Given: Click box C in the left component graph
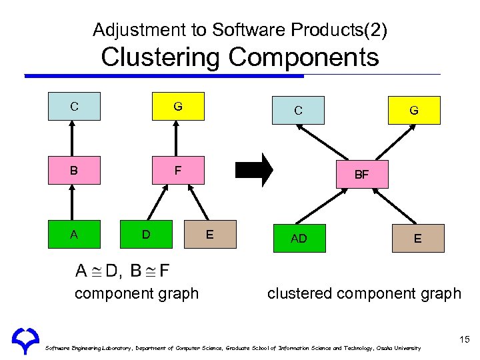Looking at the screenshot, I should pos(74,106).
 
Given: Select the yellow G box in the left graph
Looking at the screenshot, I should pos(178,106).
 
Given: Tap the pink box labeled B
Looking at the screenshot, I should pos(74,170).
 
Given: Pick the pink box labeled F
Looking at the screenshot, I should pos(178,170).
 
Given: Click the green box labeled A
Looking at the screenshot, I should pos(74,234).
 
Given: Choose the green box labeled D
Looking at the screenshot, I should pos(146,234).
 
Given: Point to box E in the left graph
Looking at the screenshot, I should pos(210,234).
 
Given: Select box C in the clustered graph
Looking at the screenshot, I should pos(298,110).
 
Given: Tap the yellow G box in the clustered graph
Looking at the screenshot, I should pos(414,110).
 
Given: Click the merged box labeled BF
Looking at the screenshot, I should pos(361,175).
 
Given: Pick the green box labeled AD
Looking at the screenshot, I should pos(299,238).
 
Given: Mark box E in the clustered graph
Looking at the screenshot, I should pos(417,238).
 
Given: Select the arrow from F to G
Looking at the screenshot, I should pos(177,138).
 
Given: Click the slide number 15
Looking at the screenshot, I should pos(465,341).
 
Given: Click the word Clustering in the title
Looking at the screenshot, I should pos(161,57).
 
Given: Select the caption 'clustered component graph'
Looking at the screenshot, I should pos(364,293).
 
